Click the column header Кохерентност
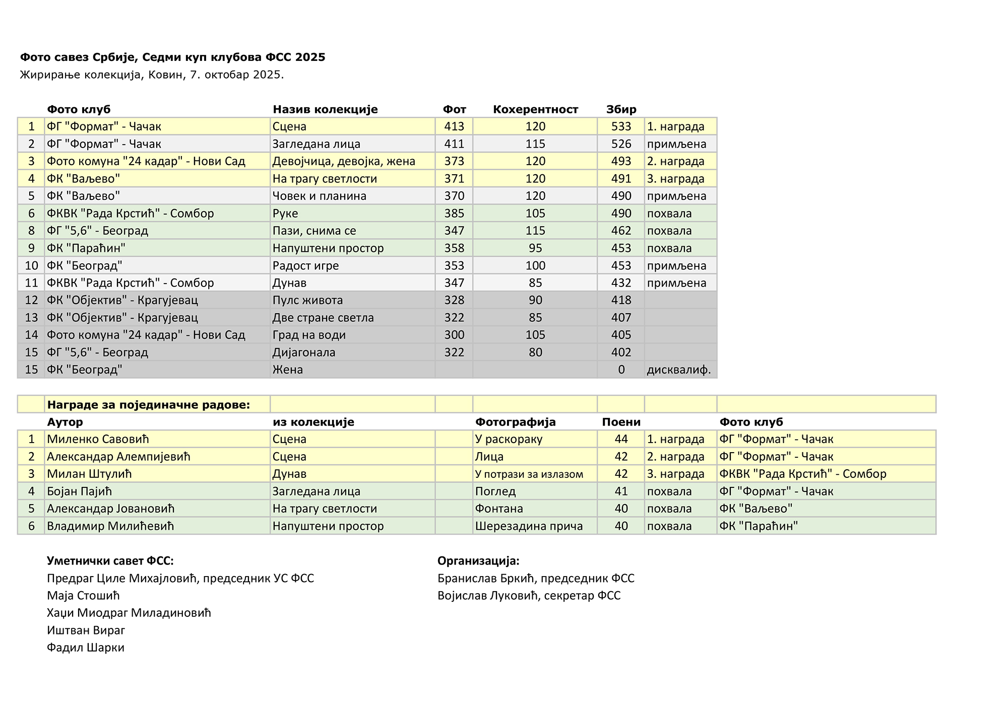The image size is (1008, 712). (x=535, y=109)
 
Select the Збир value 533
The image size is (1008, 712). (x=621, y=126)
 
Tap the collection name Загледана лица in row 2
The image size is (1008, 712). (x=316, y=144)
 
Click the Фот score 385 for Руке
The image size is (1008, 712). (x=454, y=213)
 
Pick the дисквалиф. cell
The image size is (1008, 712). (x=679, y=370)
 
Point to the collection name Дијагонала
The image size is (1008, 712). (x=303, y=352)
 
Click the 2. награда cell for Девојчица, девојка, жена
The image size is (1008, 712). (x=675, y=161)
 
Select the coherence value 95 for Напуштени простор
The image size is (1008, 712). (x=535, y=248)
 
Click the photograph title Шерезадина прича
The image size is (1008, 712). (x=529, y=526)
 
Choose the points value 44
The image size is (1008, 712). (x=621, y=439)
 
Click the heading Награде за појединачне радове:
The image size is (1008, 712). (x=148, y=405)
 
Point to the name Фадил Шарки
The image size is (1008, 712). (x=86, y=648)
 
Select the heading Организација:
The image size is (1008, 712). (x=478, y=561)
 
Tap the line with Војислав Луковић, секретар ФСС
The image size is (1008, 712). (x=529, y=596)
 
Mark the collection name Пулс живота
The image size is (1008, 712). (x=307, y=300)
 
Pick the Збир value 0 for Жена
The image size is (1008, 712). (x=621, y=370)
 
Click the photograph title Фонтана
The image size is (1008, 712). (x=499, y=509)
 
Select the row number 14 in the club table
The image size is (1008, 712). (x=31, y=335)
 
